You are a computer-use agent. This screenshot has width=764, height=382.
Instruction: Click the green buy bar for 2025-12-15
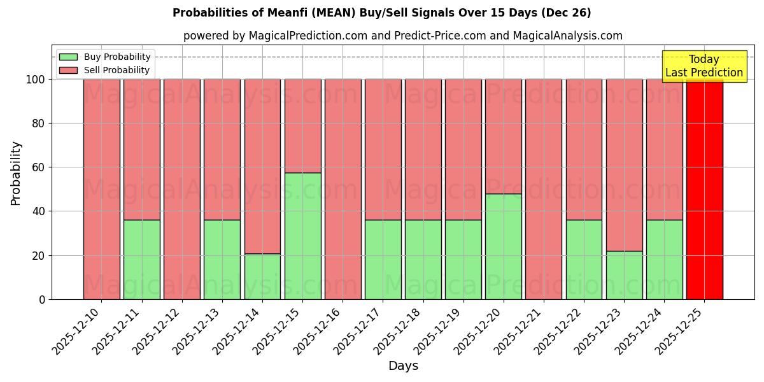[x=302, y=236]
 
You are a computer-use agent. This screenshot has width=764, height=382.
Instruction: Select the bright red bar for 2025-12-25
[x=704, y=189]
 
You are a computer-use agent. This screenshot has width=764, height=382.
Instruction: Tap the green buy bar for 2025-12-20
[x=503, y=246]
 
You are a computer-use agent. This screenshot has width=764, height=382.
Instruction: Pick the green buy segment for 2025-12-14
[x=262, y=276]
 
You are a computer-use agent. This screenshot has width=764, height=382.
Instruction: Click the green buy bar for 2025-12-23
[x=624, y=275]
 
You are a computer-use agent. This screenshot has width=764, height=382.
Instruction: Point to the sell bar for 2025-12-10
[x=101, y=189]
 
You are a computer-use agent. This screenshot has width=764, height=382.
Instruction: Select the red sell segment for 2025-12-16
[x=343, y=189]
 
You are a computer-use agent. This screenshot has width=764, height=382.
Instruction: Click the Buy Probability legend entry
[x=117, y=57]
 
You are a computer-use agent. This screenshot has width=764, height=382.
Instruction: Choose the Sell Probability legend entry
[x=117, y=71]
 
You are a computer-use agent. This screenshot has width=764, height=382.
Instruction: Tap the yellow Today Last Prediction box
[x=704, y=66]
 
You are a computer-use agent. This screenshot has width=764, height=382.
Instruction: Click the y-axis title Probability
[x=16, y=173]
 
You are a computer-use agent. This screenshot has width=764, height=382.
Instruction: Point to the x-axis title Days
[x=403, y=366]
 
